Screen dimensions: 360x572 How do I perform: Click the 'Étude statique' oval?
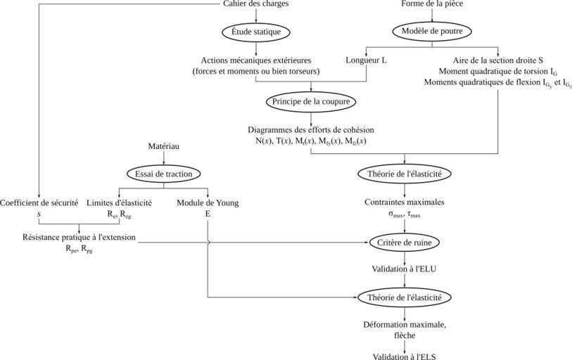pos(256,32)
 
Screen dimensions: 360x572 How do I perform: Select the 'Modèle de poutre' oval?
pos(431,32)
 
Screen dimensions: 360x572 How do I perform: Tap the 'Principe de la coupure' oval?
pos(310,102)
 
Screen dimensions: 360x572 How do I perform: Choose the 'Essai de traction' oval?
pos(163,173)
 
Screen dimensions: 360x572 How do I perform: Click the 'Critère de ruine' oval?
pos(404,243)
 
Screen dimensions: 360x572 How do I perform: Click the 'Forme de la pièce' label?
pos(432,4)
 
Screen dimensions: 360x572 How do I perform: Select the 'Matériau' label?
pos(164,146)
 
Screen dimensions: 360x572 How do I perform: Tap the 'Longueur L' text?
pos(367,60)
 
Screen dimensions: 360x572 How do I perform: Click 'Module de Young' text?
pos(208,203)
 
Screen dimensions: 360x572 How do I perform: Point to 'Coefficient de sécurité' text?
pos(39,203)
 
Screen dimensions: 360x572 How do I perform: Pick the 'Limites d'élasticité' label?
pos(119,203)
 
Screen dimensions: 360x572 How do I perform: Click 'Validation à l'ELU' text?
pos(404,269)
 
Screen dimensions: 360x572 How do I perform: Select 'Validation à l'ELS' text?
pos(404,355)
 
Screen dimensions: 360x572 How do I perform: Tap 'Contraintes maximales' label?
pos(404,202)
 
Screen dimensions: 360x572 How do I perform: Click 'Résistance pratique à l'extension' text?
pos(79,237)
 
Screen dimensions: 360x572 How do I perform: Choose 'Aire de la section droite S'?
pos(497,60)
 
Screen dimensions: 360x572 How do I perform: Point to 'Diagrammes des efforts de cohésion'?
pos(310,130)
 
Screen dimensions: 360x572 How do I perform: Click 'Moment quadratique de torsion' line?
pos(497,72)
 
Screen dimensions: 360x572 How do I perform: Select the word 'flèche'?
pos(404,335)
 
